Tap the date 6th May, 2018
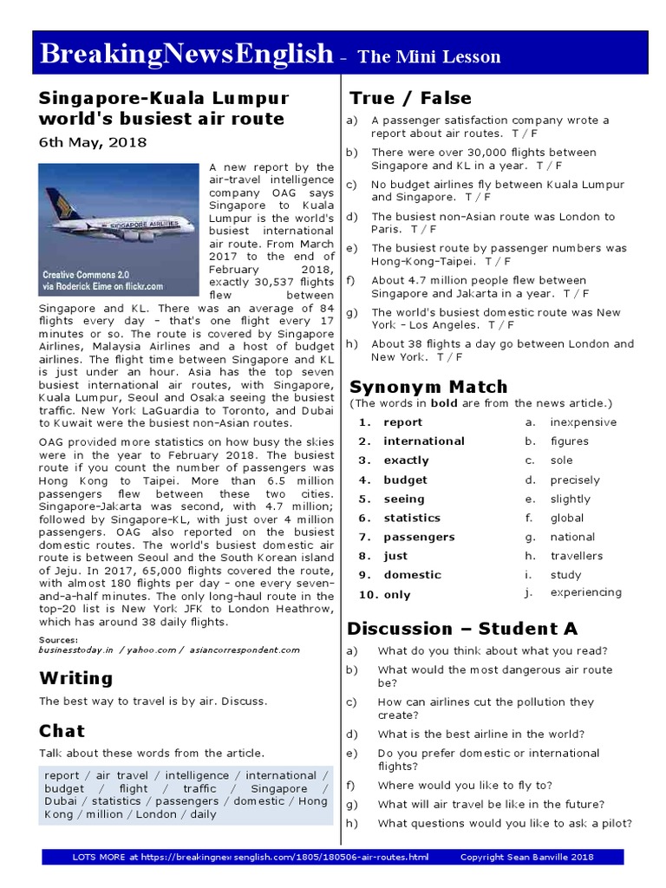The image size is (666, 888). pos(93,142)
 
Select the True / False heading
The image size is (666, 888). pos(409,98)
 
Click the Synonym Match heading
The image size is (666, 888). pos(428,387)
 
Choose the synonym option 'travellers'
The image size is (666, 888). pos(576,556)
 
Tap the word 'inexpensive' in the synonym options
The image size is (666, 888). pos(583,422)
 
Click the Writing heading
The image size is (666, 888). pos(75,678)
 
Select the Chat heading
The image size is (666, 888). pos(62,731)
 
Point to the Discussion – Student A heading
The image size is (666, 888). pos(462,629)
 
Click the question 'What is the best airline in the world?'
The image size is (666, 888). pos(480,734)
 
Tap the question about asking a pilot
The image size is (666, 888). pos(504,823)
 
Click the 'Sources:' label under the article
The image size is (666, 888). pos(58,640)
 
